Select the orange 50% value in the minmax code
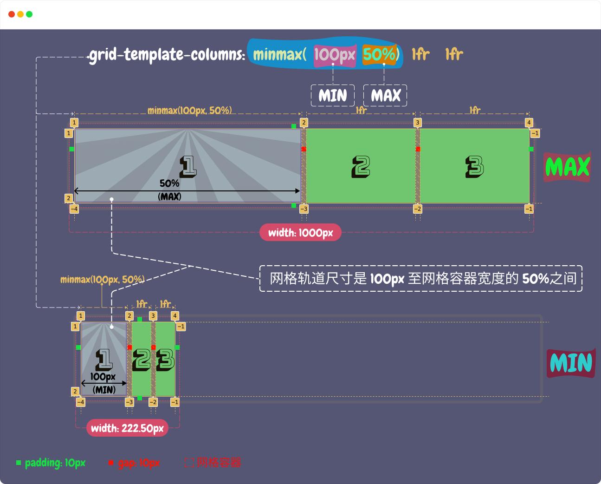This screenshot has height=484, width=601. click(379, 55)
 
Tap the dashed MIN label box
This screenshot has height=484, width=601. click(332, 96)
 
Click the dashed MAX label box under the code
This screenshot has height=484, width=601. click(385, 96)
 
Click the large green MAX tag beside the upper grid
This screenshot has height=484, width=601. click(567, 167)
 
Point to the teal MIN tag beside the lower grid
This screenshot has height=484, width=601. click(570, 363)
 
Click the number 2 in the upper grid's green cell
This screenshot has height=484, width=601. click(361, 167)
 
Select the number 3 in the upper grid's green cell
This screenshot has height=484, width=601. click(474, 167)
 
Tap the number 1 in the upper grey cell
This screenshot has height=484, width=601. click(188, 167)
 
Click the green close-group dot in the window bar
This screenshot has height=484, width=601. click(29, 14)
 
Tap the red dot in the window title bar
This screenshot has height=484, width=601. click(12, 14)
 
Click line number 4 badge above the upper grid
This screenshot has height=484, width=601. click(529, 123)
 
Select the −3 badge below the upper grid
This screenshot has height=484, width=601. click(304, 209)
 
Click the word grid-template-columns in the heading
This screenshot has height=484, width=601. click(167, 55)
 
